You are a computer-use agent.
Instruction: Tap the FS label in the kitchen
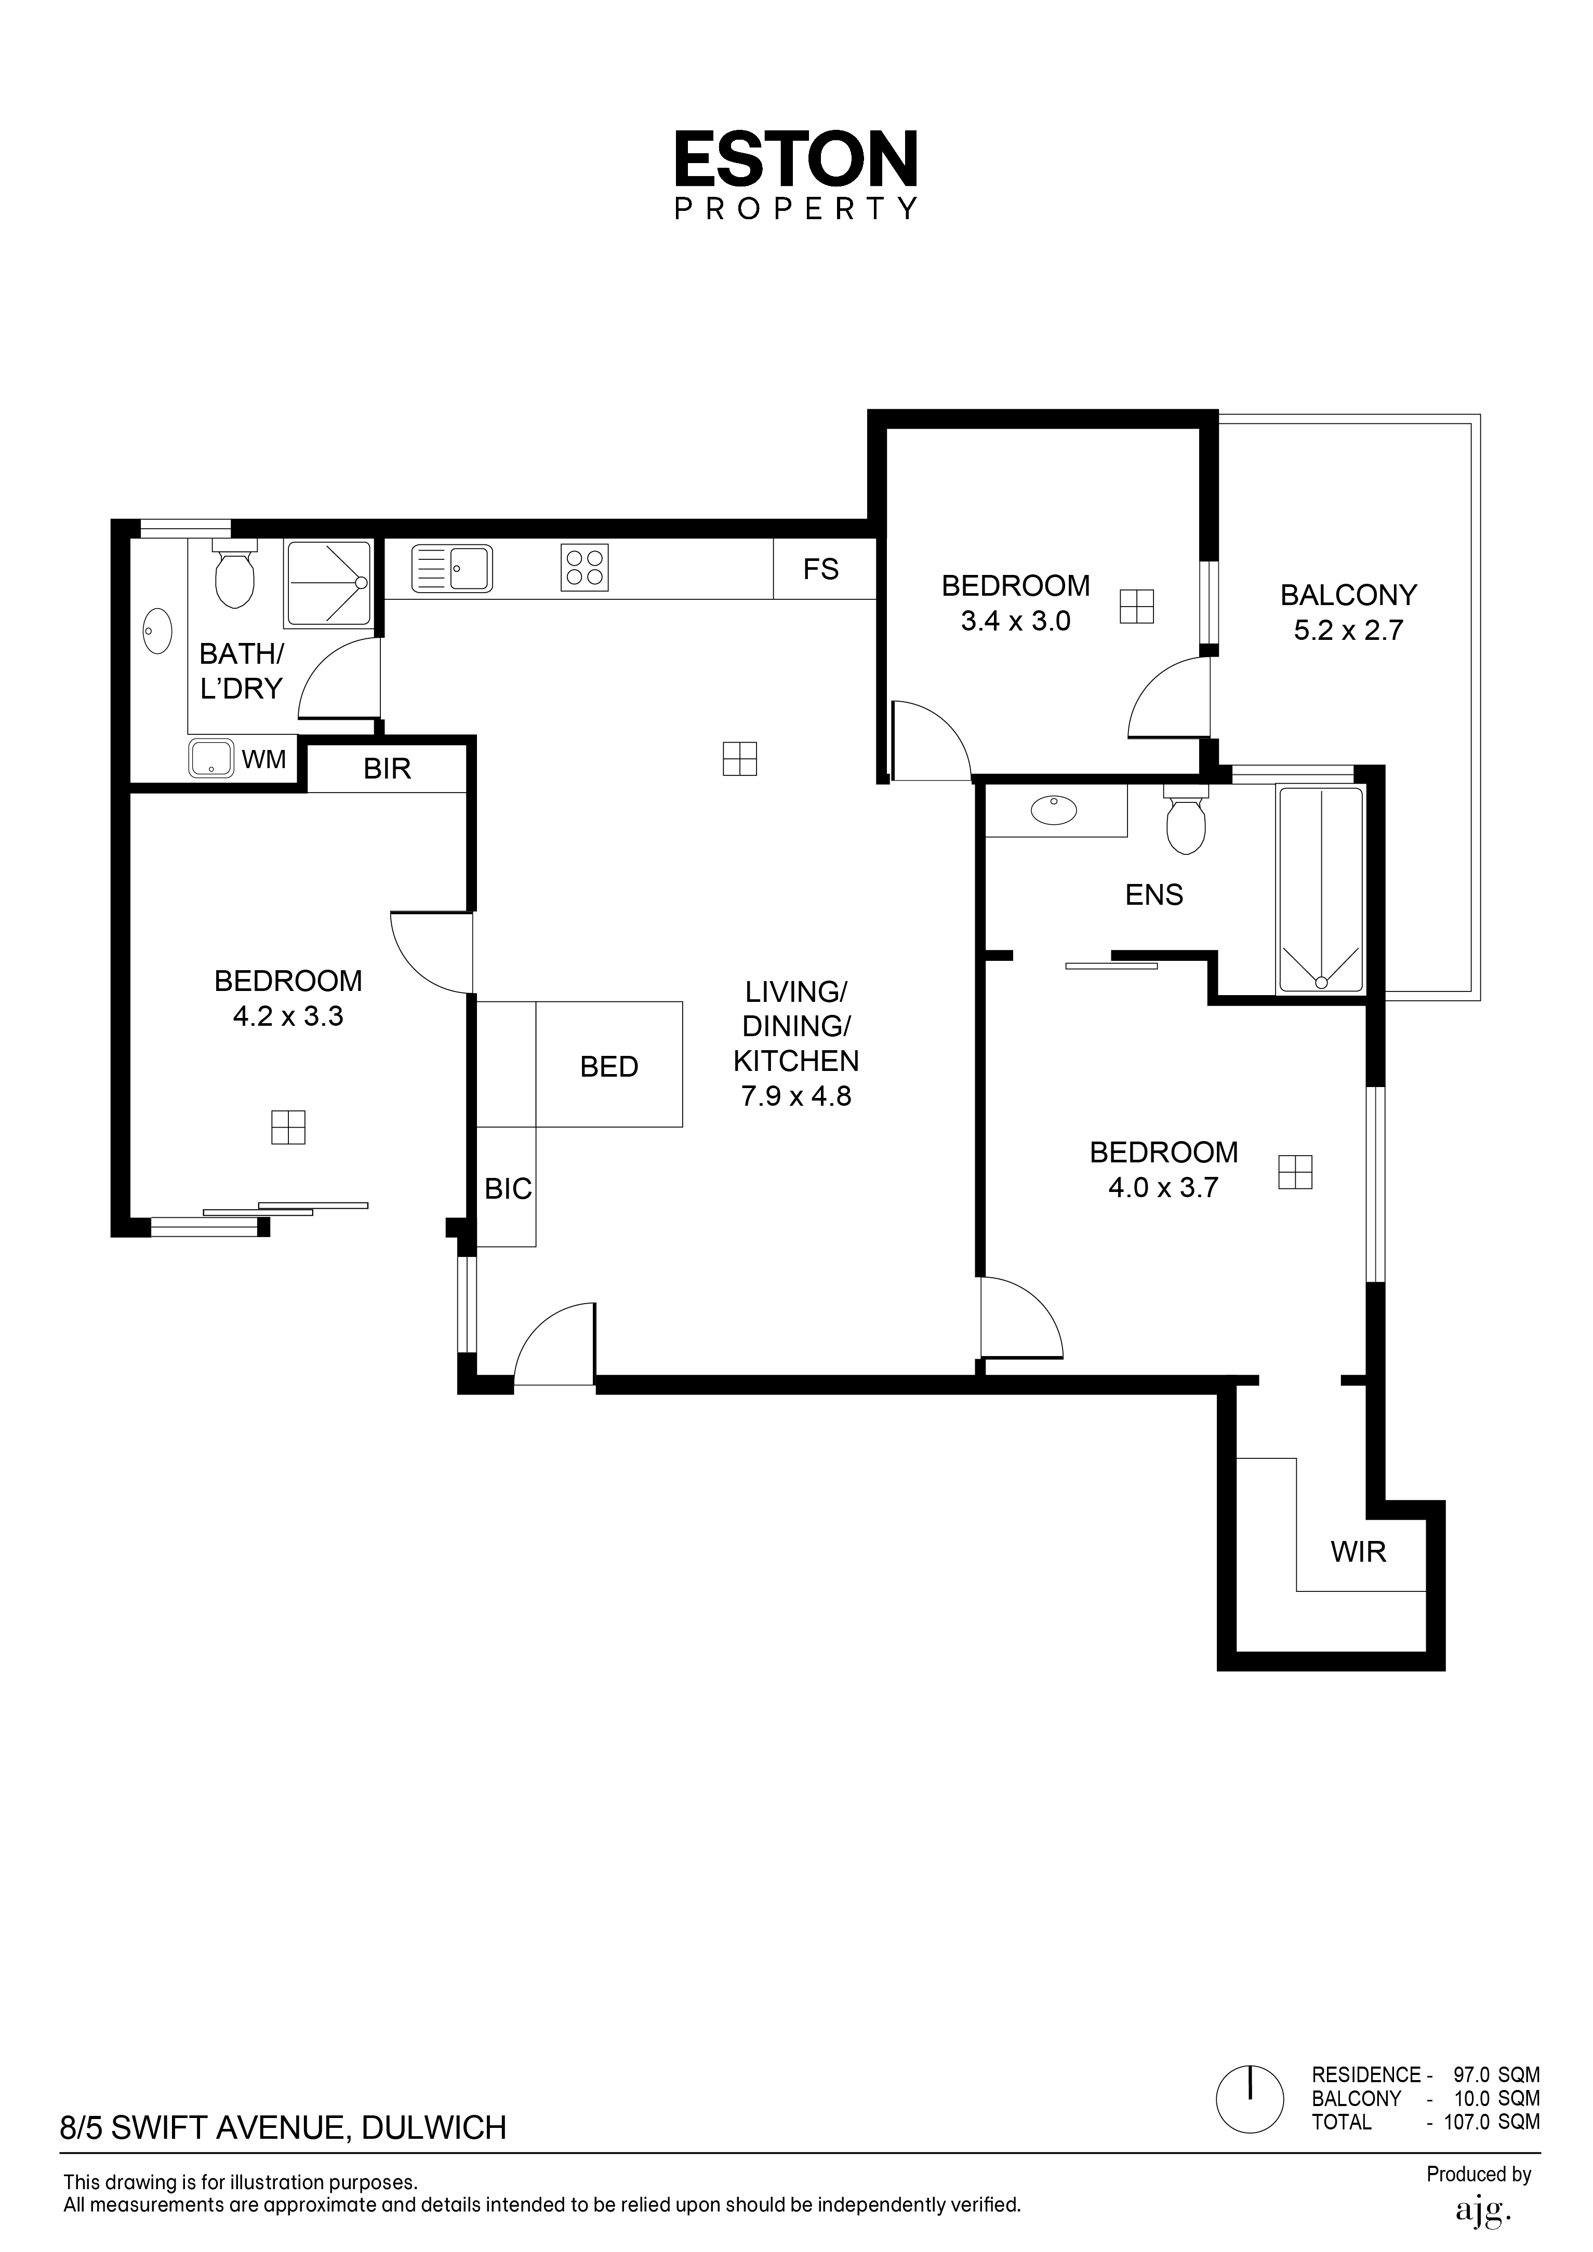tap(821, 569)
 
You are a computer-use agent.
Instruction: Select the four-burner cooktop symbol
tap(585, 567)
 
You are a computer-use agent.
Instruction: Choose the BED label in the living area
tap(609, 1067)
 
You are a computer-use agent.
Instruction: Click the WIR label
tap(1359, 1552)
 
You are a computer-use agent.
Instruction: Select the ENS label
tap(1154, 894)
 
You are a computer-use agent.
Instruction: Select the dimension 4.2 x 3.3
tap(288, 1016)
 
